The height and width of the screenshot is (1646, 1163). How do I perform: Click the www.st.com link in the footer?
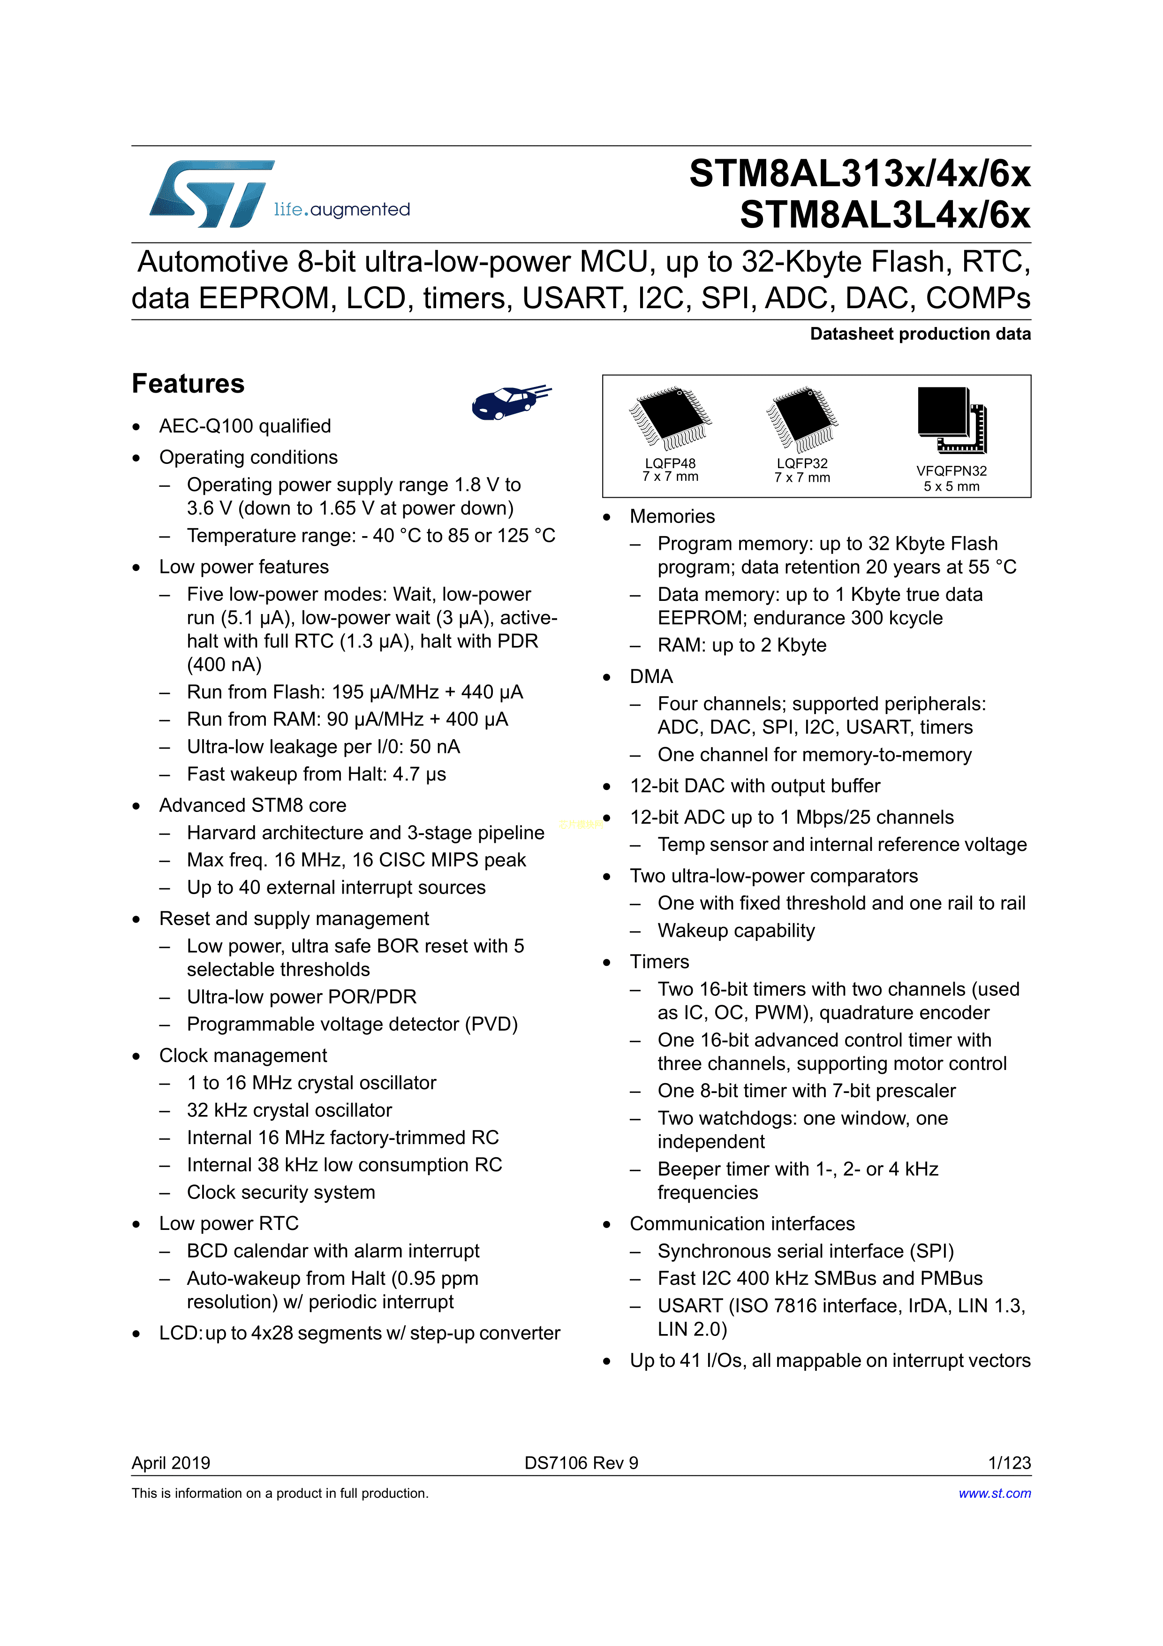coord(995,1493)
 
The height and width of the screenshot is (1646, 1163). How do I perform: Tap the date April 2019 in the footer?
coord(171,1463)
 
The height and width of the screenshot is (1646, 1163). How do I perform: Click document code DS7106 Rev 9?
coord(581,1463)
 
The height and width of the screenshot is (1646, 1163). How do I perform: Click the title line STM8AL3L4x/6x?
coord(885,215)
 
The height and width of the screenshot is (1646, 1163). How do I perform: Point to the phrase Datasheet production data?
coord(920,334)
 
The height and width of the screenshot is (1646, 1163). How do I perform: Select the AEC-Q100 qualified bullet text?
coord(245,426)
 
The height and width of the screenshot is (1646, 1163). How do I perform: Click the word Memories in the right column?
coord(672,516)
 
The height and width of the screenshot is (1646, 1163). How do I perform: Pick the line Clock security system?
coord(281,1192)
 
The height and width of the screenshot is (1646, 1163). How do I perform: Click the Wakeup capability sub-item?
coord(736,931)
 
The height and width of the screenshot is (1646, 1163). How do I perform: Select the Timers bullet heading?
coord(659,961)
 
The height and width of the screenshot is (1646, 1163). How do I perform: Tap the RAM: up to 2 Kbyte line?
coord(742,645)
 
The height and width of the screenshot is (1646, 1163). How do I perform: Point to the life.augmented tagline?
coord(342,209)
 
